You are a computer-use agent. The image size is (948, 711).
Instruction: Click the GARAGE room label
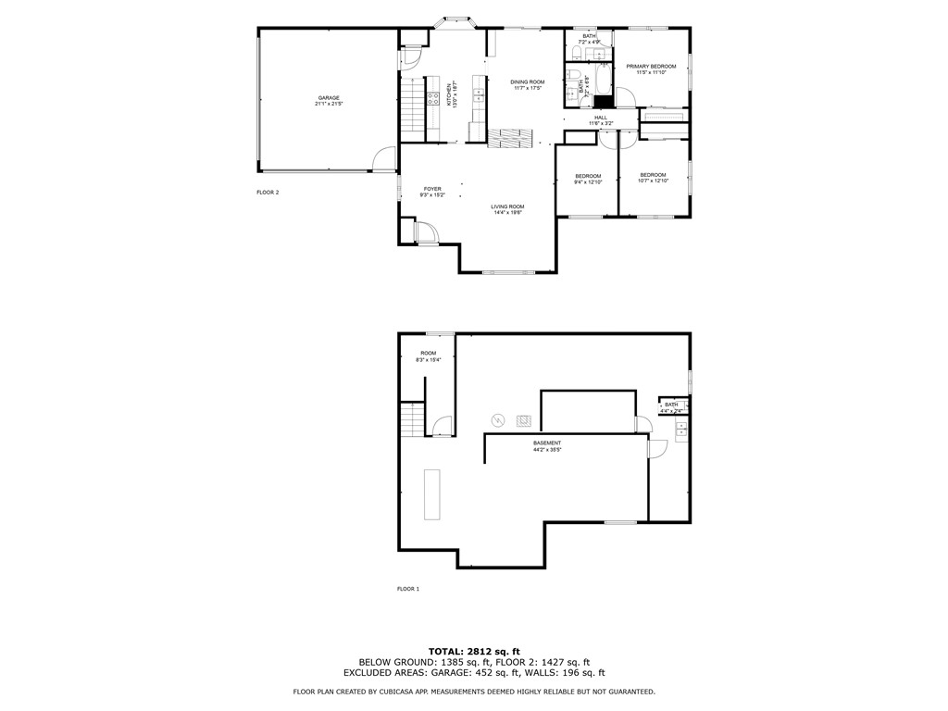pos(328,101)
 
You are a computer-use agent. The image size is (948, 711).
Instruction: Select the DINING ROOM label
pos(528,85)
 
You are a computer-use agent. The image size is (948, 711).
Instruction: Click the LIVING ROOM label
pos(507,209)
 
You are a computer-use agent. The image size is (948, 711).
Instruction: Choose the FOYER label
pos(432,192)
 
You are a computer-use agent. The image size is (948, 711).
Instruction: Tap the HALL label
pos(601,120)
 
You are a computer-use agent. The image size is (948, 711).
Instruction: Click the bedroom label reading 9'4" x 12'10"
pos(588,179)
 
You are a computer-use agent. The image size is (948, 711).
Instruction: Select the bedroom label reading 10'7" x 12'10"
pos(653,178)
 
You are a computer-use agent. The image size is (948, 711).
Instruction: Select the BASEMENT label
pos(547,446)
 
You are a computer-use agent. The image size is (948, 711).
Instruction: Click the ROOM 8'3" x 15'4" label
pos(428,356)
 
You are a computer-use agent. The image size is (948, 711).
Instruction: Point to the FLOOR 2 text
pos(268,193)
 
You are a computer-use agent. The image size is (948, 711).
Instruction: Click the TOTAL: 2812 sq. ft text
pos(474,651)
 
